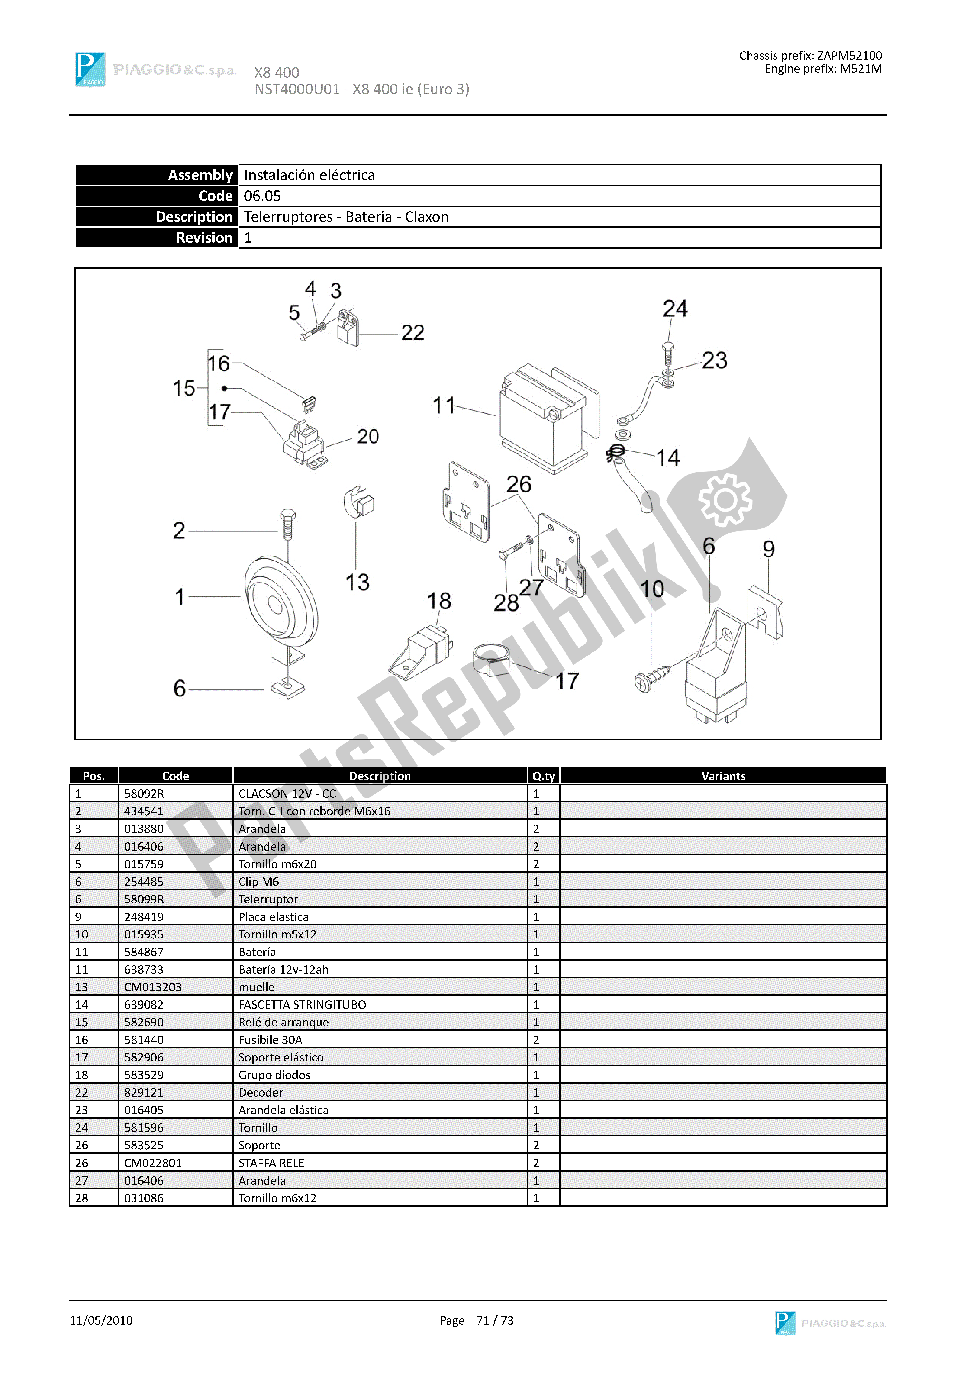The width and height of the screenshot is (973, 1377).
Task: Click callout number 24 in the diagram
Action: click(675, 309)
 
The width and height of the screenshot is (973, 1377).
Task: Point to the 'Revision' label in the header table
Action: click(204, 237)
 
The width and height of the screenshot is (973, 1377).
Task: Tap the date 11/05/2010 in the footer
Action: click(101, 1320)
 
